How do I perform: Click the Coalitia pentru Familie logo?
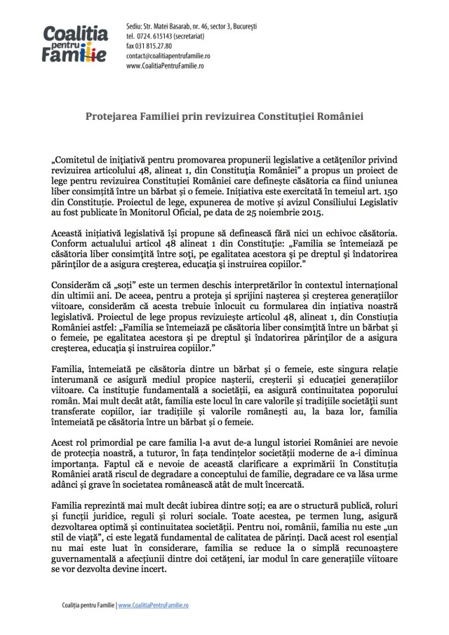[x=74, y=41]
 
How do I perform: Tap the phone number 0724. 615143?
[x=159, y=34]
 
